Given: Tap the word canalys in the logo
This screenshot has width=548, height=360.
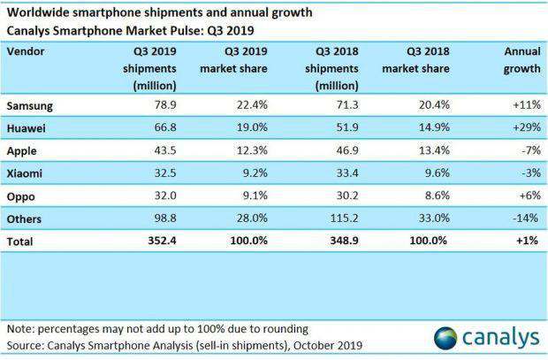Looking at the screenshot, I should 499,337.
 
